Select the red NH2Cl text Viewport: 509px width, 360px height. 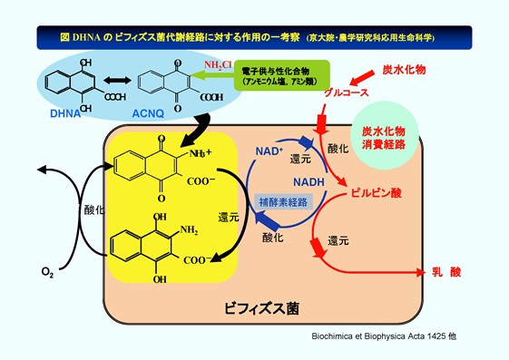pyautogui.click(x=218, y=66)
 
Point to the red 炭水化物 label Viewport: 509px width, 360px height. pyautogui.click(x=404, y=69)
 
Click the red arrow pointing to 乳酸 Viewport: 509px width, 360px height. pyautogui.click(x=381, y=271)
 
